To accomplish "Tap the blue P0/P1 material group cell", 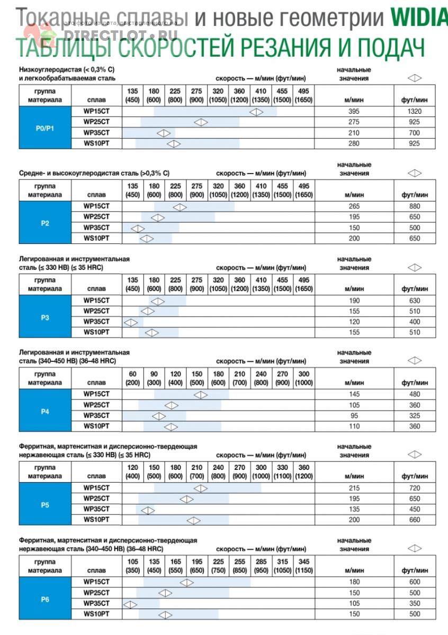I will [x=45, y=128].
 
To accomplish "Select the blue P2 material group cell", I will [x=45, y=223].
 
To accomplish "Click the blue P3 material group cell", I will [x=45, y=317].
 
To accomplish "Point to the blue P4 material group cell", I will [x=45, y=411].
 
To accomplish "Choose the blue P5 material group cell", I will [x=45, y=504].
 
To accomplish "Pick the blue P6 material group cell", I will [x=45, y=599].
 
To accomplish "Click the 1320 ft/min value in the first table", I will [x=415, y=112].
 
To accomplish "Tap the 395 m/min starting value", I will [x=354, y=112].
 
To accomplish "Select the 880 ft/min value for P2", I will [x=415, y=206].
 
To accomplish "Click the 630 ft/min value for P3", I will [x=415, y=301].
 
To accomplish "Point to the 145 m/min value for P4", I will [x=354, y=394].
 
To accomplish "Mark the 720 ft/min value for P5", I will [x=415, y=488].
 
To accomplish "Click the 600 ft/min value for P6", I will [x=415, y=583].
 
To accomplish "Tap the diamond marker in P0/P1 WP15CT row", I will [x=256, y=112].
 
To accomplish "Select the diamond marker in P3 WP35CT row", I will [x=130, y=322].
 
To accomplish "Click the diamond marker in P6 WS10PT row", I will [x=166, y=615].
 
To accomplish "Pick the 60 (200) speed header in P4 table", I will [x=133, y=378].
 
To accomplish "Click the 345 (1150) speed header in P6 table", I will [x=304, y=566].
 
